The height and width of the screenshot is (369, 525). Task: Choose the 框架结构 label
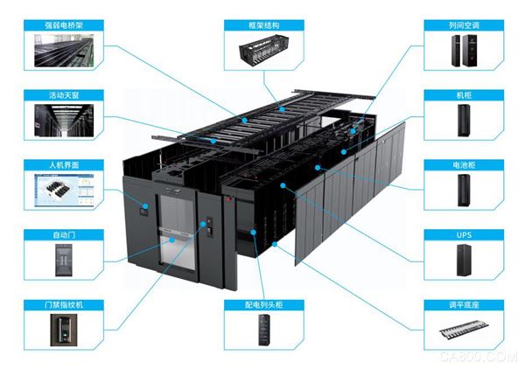[262, 25]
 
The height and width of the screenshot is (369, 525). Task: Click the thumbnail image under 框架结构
[262, 52]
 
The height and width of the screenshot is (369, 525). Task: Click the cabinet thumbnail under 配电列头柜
[262, 331]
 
